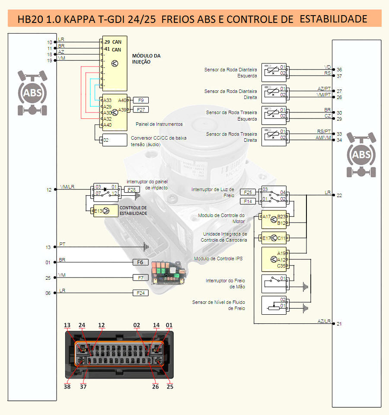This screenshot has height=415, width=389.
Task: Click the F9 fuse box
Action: pyautogui.click(x=140, y=100)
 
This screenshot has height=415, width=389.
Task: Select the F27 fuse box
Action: pyautogui.click(x=141, y=109)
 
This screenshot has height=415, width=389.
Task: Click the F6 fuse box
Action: pyautogui.click(x=140, y=262)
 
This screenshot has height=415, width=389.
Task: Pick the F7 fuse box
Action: pyautogui.click(x=140, y=278)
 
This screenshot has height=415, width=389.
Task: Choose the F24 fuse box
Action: pyautogui.click(x=140, y=293)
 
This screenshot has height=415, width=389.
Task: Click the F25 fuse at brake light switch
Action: pyautogui.click(x=248, y=192)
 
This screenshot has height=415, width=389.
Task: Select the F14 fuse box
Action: pyautogui.click(x=248, y=201)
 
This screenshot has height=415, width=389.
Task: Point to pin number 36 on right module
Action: pyautogui.click(x=339, y=70)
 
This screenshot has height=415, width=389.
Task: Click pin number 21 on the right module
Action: pyautogui.click(x=339, y=324)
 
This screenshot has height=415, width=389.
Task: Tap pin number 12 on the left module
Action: pyautogui.click(x=49, y=190)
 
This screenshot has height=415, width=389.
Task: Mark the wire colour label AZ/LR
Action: pyautogui.click(x=324, y=321)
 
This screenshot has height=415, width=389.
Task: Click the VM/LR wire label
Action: pyautogui.click(x=67, y=186)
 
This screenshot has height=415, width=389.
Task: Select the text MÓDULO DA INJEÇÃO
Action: pyautogui.click(x=146, y=59)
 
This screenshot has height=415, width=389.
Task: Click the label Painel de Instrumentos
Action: pyautogui.click(x=159, y=124)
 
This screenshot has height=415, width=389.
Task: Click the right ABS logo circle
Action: pyautogui.click(x=361, y=155)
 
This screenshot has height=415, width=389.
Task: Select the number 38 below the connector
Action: pyautogui.click(x=67, y=387)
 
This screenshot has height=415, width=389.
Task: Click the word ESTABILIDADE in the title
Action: pyautogui.click(x=333, y=19)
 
